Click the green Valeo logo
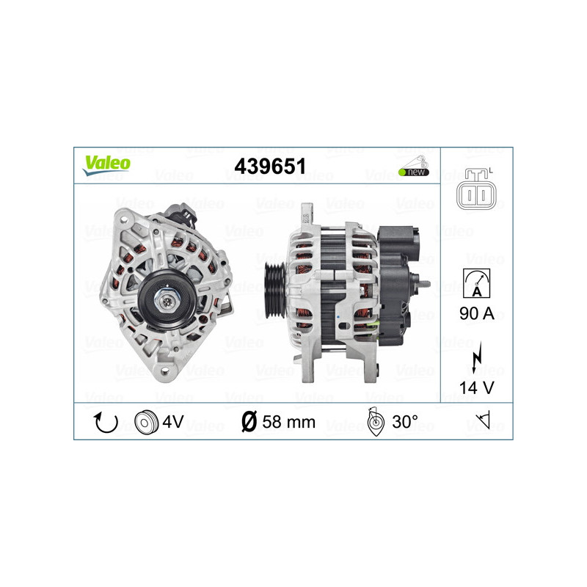(106, 164)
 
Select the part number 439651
(270, 166)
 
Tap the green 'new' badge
(413, 172)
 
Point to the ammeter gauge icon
(477, 282)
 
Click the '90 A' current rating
(477, 313)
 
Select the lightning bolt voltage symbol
(477, 360)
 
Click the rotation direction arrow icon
(104, 422)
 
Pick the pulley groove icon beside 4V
(147, 422)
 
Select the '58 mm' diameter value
(288, 422)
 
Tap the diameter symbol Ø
(249, 422)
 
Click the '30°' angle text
(405, 422)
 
